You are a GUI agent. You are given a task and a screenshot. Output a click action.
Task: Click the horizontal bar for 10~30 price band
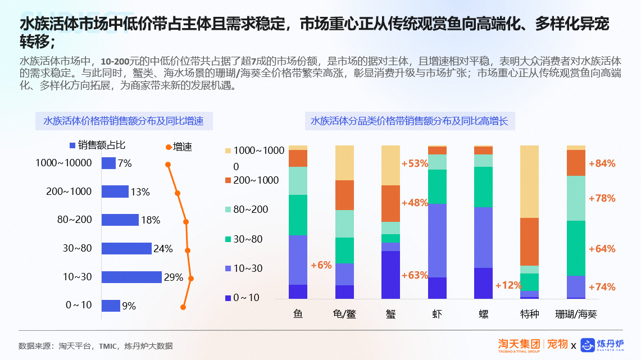tap(131, 277)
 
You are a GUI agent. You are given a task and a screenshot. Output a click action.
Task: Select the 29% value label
tap(174, 277)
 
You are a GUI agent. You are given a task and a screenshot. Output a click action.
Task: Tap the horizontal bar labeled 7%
tap(108, 163)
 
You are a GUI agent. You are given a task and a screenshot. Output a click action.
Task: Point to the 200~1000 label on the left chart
tap(69, 192)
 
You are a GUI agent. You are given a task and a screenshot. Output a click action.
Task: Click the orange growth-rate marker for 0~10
tap(183, 307)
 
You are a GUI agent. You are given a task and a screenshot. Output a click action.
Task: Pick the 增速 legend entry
tap(179, 147)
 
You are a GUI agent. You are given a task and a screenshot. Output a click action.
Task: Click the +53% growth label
tap(415, 164)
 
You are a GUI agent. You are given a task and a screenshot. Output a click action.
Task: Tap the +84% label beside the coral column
tap(602, 163)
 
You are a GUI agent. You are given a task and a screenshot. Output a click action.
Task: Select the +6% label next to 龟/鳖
tap(321, 265)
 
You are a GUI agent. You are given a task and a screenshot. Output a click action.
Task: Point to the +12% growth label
tap(508, 285)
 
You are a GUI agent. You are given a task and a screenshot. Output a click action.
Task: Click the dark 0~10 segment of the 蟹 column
tap(390, 275)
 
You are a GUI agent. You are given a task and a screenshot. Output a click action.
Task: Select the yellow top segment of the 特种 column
tap(529, 181)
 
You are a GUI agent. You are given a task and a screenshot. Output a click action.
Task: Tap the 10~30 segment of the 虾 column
tap(437, 240)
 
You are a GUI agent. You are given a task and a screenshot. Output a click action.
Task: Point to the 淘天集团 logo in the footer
tap(519, 344)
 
